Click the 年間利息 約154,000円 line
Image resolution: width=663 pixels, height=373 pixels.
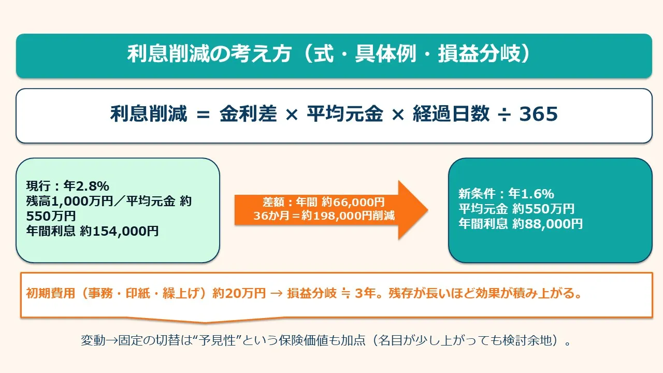point(93,231)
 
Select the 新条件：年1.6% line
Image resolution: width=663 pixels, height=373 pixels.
point(506,194)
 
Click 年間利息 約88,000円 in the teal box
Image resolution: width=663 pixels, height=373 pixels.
point(521,224)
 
